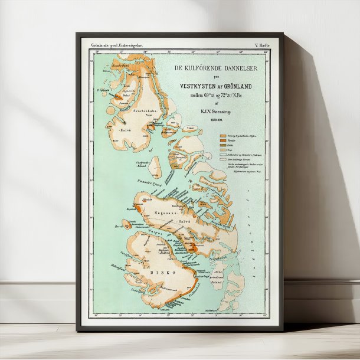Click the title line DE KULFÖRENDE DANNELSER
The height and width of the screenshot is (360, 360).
tap(216, 68)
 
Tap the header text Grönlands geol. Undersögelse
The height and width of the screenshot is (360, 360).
tap(116, 45)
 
